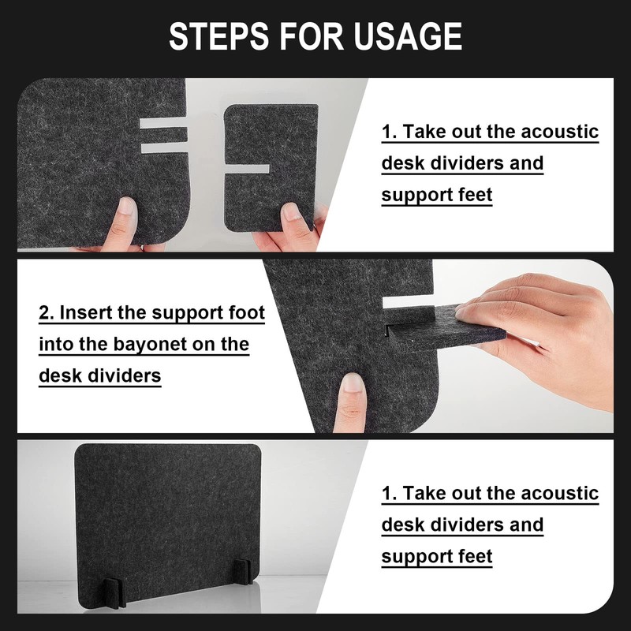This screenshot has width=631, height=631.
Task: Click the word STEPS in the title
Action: [218, 36]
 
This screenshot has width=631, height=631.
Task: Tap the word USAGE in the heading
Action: [408, 36]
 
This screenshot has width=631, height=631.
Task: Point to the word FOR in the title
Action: [311, 36]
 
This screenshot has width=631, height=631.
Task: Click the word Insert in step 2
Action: [86, 312]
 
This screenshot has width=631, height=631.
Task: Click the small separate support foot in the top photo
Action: [270, 168]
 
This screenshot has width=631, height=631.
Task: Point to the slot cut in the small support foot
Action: [246, 169]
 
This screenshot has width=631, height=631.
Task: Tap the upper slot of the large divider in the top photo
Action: [163, 123]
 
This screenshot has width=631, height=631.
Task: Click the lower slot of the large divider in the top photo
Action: [164, 147]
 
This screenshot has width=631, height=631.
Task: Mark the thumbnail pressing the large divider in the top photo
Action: [126, 207]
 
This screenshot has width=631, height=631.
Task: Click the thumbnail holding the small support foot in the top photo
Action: [291, 212]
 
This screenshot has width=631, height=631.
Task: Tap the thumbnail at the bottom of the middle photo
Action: [353, 383]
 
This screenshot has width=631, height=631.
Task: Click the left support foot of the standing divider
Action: [114, 593]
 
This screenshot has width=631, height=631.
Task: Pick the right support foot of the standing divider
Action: [243, 570]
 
